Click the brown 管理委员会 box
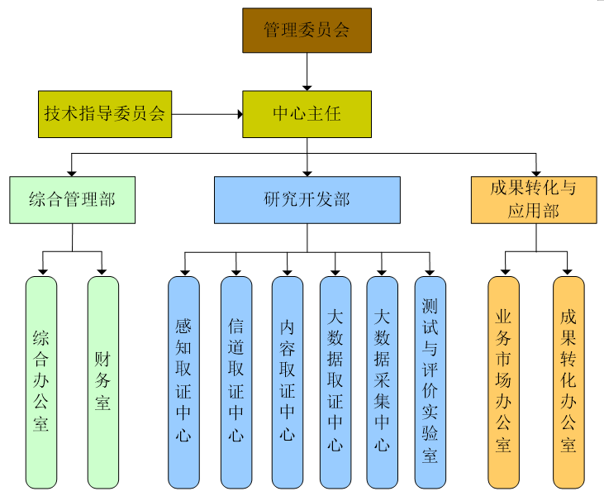click(x=307, y=31)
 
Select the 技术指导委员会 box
click(x=105, y=114)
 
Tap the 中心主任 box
click(x=307, y=114)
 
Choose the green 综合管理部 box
click(x=72, y=200)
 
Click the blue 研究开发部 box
click(x=307, y=200)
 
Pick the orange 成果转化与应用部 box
click(x=534, y=200)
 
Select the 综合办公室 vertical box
click(x=41, y=382)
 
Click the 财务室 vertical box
click(x=102, y=382)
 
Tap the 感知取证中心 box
click(x=183, y=382)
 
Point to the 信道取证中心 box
click(x=235, y=382)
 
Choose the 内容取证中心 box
click(x=287, y=382)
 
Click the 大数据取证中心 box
click(x=335, y=382)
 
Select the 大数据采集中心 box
click(x=382, y=382)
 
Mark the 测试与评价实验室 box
click(x=430, y=382)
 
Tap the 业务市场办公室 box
click(x=503, y=382)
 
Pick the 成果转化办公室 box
click(x=568, y=382)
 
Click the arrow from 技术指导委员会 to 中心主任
click(x=207, y=114)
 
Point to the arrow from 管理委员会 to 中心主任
click(x=307, y=71)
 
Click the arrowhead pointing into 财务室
click(x=102, y=270)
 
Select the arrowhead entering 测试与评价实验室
click(x=430, y=270)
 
